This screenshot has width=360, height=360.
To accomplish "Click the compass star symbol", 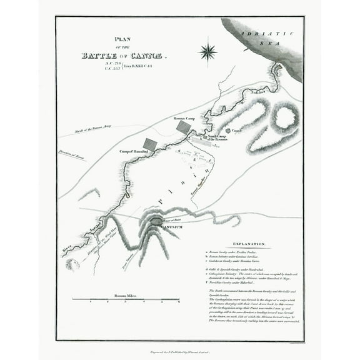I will (x=207, y=51).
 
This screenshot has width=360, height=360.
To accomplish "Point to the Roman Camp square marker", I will (x=184, y=127).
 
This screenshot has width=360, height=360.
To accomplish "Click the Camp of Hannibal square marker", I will (x=150, y=145).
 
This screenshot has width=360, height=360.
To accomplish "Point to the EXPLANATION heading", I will (x=250, y=243).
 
